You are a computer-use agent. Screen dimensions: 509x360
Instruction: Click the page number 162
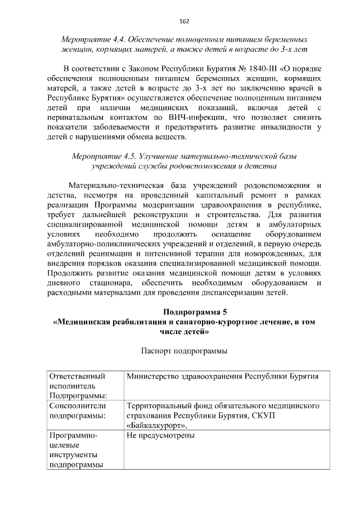184,21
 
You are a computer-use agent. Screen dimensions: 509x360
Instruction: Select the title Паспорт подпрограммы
183,352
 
